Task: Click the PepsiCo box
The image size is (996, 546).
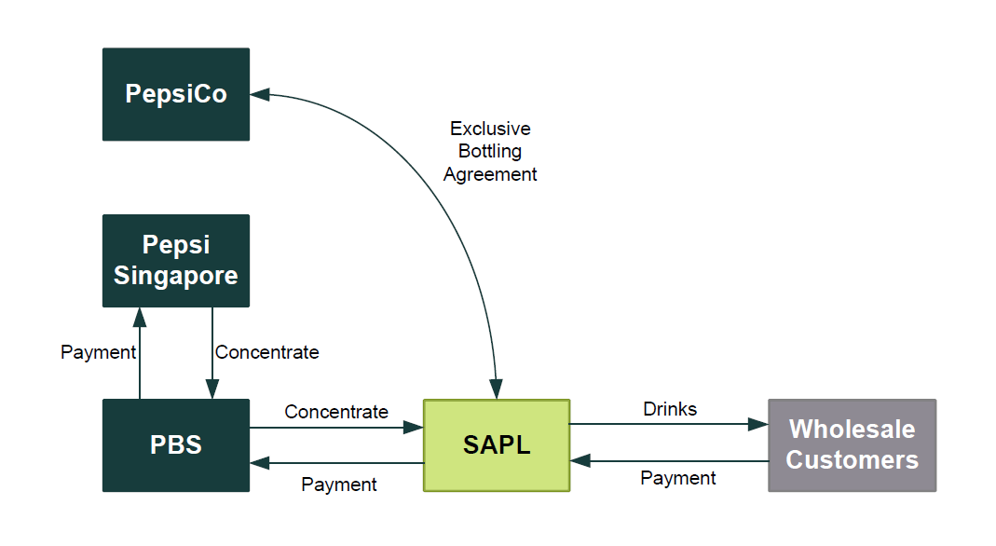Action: [x=176, y=94]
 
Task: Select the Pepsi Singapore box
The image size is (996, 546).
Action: [x=176, y=261]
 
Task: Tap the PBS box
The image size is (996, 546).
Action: [x=176, y=445]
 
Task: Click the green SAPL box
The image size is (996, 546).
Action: [x=497, y=445]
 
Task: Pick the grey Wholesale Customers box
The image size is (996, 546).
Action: [x=852, y=445]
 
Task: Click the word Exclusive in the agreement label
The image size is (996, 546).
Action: [x=490, y=129]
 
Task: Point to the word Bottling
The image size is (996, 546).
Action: [x=490, y=151]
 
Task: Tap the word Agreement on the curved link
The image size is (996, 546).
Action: [x=490, y=174]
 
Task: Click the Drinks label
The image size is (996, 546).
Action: [x=670, y=409]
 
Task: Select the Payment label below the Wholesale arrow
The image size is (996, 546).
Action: [x=678, y=478]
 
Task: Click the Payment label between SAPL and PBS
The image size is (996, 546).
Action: [x=339, y=485]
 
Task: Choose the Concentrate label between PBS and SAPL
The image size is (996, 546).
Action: [x=336, y=412]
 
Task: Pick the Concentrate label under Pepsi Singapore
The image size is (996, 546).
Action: [x=267, y=352]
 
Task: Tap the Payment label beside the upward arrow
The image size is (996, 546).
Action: [x=98, y=352]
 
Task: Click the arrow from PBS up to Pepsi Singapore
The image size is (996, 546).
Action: [x=140, y=354]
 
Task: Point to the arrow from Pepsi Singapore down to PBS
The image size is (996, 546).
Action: [x=212, y=354]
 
